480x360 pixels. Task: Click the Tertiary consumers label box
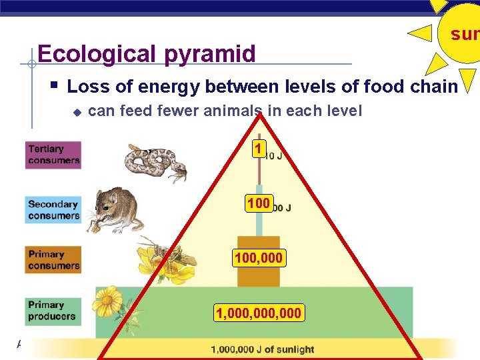coord(53,155)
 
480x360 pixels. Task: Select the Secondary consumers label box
coord(53,209)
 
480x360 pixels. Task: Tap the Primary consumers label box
coord(53,259)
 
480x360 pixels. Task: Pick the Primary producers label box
coord(53,311)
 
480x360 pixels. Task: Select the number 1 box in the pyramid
coord(259,149)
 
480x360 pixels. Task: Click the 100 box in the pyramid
coord(258,203)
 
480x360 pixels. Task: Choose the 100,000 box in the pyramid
coord(259,257)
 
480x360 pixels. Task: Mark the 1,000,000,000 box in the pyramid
coord(259,313)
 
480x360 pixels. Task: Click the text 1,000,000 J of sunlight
coord(262,349)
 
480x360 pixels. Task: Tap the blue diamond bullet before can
coord(77,111)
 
